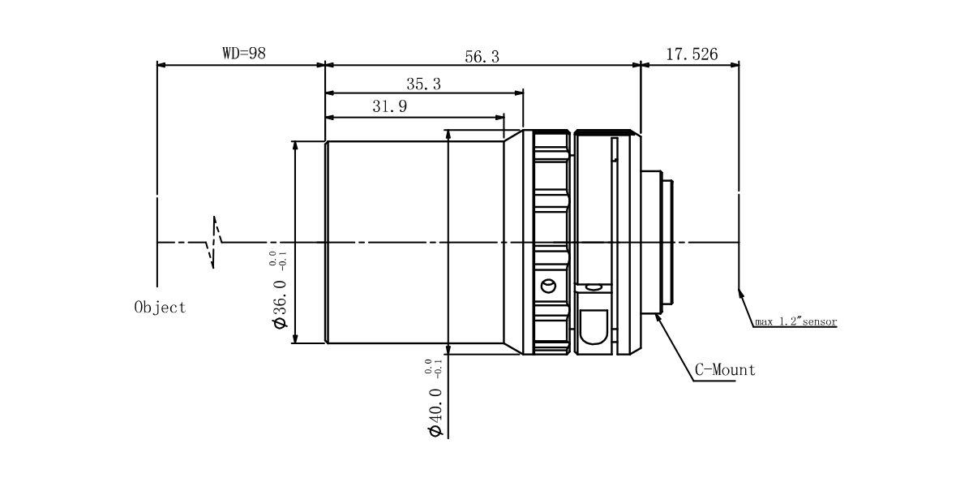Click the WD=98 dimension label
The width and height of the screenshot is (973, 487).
(244, 54)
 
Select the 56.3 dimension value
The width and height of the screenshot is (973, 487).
(482, 57)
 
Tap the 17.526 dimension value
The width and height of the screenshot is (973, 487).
(692, 54)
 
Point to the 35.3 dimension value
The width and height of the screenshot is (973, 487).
(423, 84)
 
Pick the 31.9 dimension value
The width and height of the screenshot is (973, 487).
(390, 106)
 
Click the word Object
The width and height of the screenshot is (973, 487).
(161, 308)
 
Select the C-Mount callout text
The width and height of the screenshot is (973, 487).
(725, 370)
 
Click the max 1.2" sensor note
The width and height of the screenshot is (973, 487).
(795, 321)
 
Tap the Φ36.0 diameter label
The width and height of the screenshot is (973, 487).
(281, 304)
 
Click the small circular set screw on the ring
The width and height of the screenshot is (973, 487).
(549, 286)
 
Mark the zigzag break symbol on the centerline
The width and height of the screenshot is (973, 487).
(214, 242)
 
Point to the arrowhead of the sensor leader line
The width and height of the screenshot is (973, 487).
(740, 294)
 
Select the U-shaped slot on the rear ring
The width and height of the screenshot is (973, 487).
(594, 327)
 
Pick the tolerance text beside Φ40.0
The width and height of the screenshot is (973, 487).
(433, 367)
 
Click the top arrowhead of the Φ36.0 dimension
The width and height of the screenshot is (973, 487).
(295, 145)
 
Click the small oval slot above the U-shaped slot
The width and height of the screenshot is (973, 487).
(594, 287)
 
